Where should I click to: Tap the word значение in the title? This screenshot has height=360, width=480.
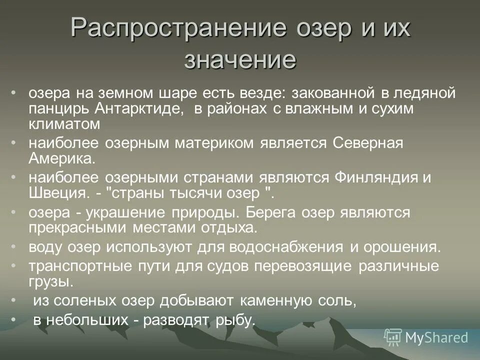[240, 60]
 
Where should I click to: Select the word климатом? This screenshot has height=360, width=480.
[64, 124]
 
